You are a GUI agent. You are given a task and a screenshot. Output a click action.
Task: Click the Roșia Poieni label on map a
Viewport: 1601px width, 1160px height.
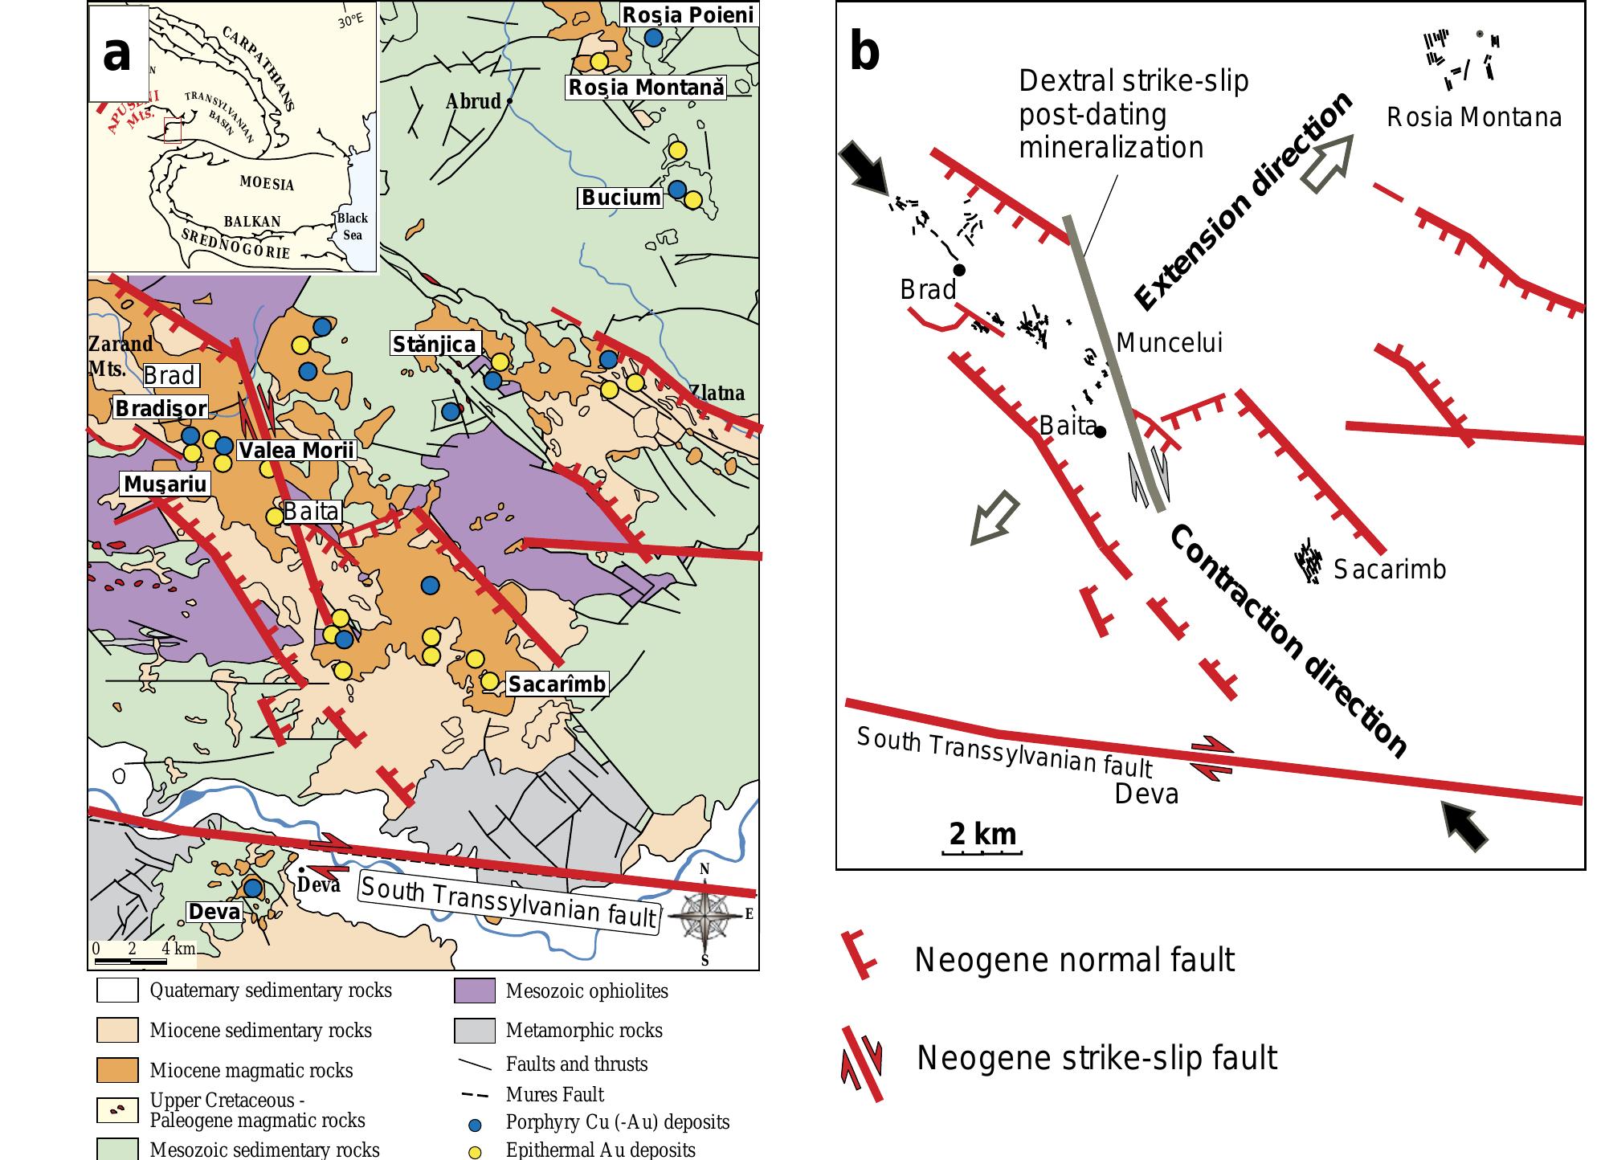click(689, 14)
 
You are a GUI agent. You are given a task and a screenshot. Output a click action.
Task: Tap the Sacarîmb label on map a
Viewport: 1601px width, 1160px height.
click(557, 684)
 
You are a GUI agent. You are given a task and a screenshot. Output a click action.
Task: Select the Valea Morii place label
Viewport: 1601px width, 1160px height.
click(296, 450)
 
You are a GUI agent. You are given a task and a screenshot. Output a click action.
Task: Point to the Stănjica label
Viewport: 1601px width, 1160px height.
click(435, 345)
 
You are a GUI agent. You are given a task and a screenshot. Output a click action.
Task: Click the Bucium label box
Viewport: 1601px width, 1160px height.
click(621, 197)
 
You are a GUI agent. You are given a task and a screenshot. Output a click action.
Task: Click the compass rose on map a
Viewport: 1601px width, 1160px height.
click(706, 914)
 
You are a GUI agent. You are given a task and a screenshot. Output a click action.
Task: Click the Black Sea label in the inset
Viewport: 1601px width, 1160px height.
click(352, 227)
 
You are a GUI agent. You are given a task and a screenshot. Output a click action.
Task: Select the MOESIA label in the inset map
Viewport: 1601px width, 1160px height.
click(267, 182)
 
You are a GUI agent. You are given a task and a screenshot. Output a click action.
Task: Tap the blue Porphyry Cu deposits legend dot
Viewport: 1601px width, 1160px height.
click(474, 1123)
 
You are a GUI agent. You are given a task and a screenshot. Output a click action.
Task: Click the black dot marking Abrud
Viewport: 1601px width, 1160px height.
click(509, 102)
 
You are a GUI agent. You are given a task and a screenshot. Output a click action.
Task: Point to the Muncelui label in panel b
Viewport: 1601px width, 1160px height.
click(1170, 343)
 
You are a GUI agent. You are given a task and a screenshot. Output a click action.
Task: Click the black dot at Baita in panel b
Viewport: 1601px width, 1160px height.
click(1101, 432)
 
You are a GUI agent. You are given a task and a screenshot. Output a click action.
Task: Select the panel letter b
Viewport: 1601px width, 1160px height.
click(864, 52)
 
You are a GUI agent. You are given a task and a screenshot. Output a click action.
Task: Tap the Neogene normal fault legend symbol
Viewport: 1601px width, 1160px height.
click(858, 956)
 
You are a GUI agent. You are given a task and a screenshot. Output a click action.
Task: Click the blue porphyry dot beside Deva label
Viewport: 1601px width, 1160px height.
click(253, 888)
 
